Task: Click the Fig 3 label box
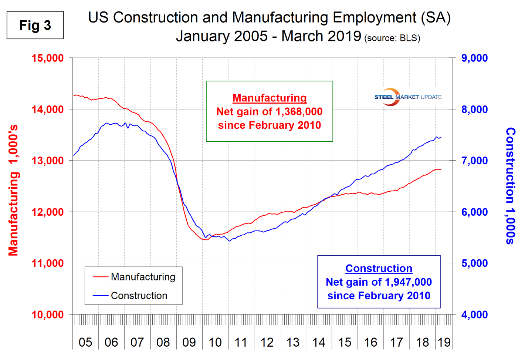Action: point(35,25)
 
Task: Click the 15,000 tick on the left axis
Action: point(48,58)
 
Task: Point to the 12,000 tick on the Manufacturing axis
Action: point(48,212)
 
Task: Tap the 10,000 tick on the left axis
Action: point(48,315)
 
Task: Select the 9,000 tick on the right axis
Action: point(474,58)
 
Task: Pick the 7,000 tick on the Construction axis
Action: point(474,161)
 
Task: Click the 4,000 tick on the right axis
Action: point(474,315)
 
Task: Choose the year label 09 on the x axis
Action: point(189,342)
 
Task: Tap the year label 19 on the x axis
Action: point(444,342)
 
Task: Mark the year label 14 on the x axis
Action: point(319,342)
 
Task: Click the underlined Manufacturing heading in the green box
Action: point(270,98)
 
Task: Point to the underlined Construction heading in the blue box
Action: point(379,268)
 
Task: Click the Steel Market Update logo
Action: point(407,97)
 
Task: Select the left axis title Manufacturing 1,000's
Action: point(13,190)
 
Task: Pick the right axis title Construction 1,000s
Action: point(511,186)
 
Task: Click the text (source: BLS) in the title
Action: point(392,38)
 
